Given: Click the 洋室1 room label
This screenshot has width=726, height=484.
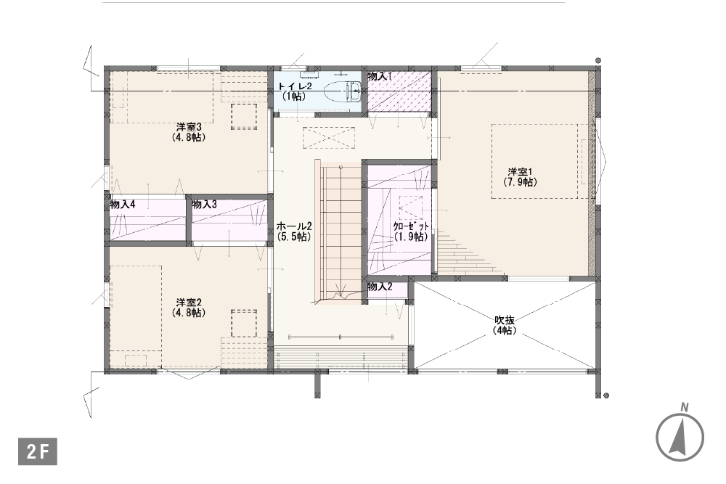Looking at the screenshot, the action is coord(520,171).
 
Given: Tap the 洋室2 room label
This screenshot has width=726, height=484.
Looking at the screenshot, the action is coord(189,303).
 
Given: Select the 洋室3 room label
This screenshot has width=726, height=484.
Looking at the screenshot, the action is coord(189,127).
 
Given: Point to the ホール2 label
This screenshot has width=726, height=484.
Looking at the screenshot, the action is coord(294,226).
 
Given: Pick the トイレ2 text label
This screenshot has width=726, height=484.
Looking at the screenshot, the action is coord(295,86).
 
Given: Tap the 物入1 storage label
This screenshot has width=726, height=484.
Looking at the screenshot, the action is coord(380,76).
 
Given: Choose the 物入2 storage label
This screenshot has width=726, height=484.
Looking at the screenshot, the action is coord(380,287).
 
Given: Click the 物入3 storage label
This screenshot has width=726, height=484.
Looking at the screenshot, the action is coord(204,204).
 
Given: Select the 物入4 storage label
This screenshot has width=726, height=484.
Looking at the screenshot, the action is coord(123,204).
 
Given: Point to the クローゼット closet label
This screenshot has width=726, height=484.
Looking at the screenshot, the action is coord(411,226).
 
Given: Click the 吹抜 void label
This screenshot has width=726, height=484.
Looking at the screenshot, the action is coord(505,320).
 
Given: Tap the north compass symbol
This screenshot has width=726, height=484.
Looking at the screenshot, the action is coord(680,438).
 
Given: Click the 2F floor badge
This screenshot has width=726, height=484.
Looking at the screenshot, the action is coord(38,451).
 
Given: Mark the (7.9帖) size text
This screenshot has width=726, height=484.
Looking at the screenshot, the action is coord(520,182).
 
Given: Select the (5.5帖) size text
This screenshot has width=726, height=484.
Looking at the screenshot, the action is coord(294,237).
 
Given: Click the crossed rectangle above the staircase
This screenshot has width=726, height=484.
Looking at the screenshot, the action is coord(329,138).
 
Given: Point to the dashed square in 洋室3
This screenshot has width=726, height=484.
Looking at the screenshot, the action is coord(244,117).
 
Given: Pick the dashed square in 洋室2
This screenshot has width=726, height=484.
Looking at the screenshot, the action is coord(244,323).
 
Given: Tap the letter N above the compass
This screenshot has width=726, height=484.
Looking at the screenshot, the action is coord(685,408).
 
